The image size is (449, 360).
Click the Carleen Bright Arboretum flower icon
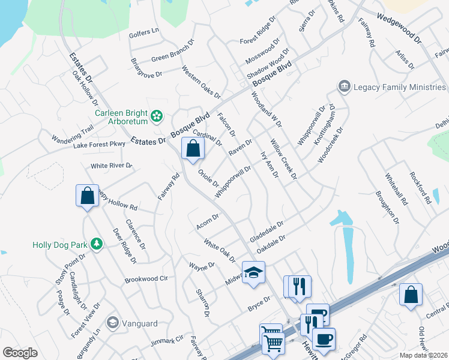coord(157,115)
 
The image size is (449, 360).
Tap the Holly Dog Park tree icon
coord(95,244)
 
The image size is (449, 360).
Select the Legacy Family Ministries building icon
coord(345,88)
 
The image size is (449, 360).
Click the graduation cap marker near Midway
coord(253,271)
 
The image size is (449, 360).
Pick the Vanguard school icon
coord(112,323)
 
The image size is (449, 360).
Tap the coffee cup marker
coord(324,338)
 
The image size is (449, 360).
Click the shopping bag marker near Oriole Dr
coord(193,148)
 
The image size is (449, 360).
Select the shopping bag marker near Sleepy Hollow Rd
coord(87,195)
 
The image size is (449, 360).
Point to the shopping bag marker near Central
coord(411,295)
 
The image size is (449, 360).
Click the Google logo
coord(20,352)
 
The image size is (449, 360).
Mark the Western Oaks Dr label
coord(201,82)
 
